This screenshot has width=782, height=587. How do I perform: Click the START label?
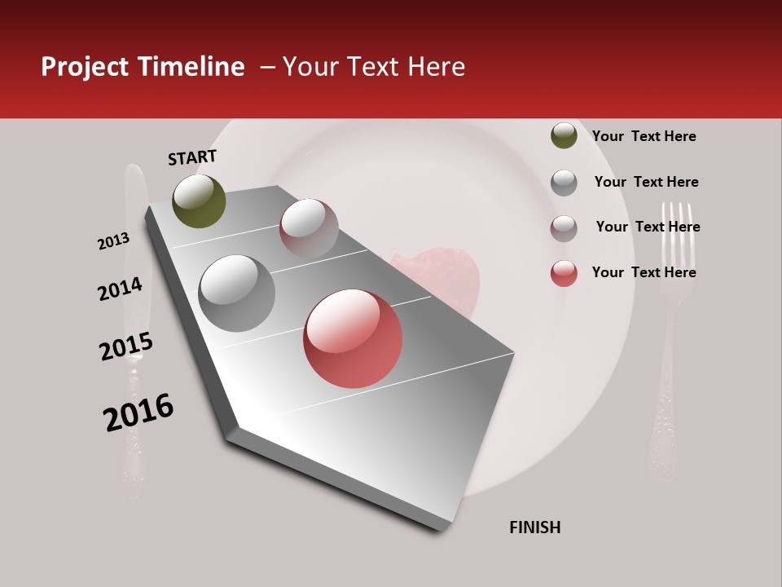(192, 157)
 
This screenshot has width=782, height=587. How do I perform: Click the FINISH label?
(534, 527)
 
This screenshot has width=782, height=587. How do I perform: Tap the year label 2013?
(114, 241)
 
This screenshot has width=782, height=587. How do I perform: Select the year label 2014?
(120, 289)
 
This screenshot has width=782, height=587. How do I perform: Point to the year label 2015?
(126, 346)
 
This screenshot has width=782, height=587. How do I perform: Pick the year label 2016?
(138, 413)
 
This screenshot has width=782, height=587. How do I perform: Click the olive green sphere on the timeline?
(199, 201)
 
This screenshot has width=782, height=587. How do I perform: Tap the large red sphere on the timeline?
(353, 338)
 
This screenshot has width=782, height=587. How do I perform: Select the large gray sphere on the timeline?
(236, 293)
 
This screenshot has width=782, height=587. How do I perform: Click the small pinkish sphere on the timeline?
(309, 228)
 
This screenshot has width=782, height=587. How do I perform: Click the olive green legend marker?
(564, 135)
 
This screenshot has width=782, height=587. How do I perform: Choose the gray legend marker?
(564, 183)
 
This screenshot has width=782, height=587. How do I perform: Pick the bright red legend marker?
(564, 273)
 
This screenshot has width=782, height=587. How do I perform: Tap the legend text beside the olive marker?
(644, 136)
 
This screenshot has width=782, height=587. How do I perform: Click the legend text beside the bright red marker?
(644, 272)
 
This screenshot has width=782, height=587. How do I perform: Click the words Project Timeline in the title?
(143, 67)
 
